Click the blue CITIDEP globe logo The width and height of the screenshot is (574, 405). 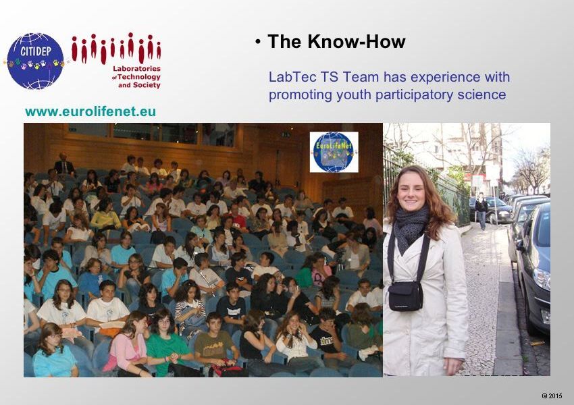(x=35, y=61)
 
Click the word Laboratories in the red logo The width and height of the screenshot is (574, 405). (x=136, y=68)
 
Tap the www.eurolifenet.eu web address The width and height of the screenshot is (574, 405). (x=90, y=111)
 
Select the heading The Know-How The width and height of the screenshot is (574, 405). (x=336, y=41)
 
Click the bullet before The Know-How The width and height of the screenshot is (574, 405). (x=258, y=42)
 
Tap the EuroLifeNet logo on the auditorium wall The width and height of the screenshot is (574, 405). (x=334, y=152)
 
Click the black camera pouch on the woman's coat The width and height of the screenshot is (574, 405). (x=405, y=296)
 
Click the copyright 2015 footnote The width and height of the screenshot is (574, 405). (x=552, y=396)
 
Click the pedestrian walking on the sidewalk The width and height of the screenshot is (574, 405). (x=481, y=211)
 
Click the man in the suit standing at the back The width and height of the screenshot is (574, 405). (x=64, y=165)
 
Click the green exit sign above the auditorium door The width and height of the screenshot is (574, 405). (x=286, y=134)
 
